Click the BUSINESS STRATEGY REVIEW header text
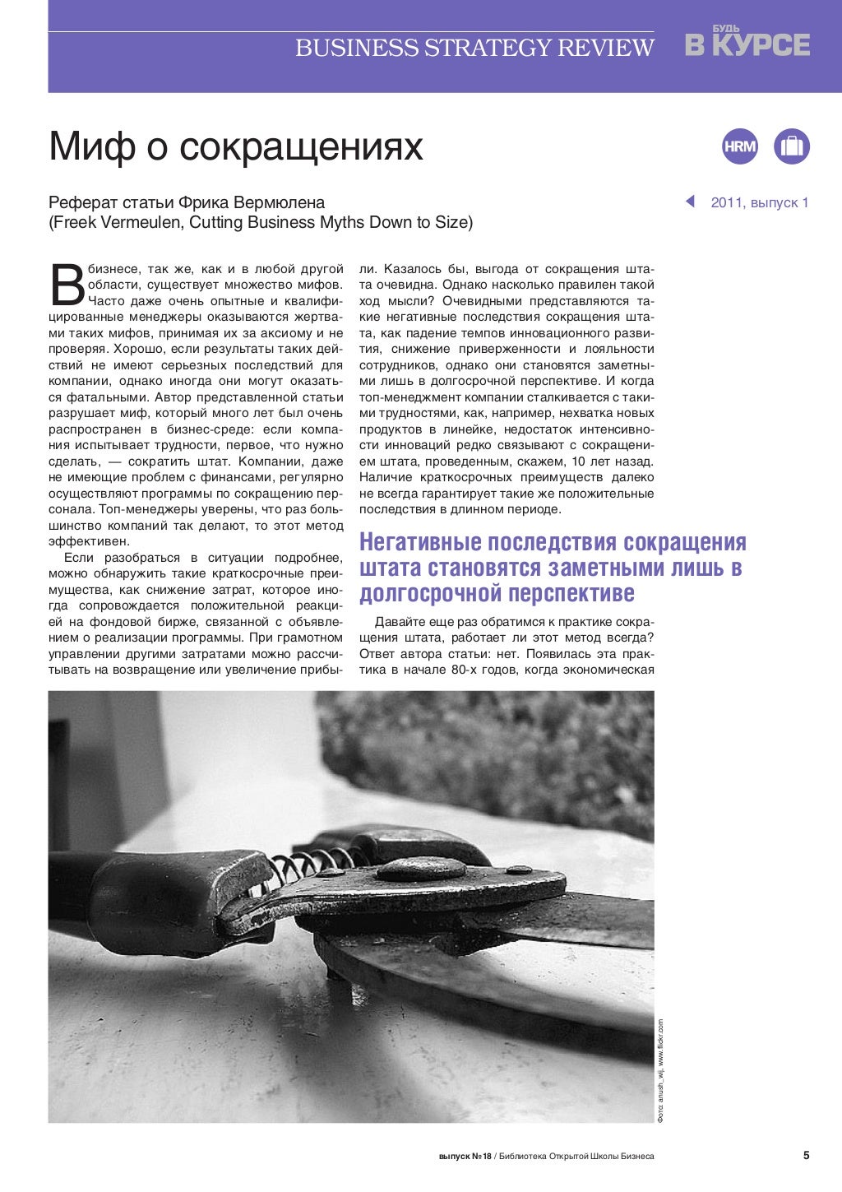tap(474, 49)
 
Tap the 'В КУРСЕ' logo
tap(747, 44)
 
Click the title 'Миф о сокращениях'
tap(236, 146)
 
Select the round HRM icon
tap(740, 146)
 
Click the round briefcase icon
tap(792, 146)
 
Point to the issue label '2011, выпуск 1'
tap(760, 203)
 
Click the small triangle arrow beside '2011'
tap(690, 202)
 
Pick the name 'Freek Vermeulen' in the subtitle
tap(110, 223)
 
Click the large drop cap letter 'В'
tap(67, 285)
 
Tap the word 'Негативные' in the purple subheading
tap(421, 543)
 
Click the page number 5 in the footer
tap(806, 1155)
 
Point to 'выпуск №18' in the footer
tap(465, 1156)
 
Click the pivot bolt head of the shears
tap(420, 869)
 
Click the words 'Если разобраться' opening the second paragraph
tap(115, 558)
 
